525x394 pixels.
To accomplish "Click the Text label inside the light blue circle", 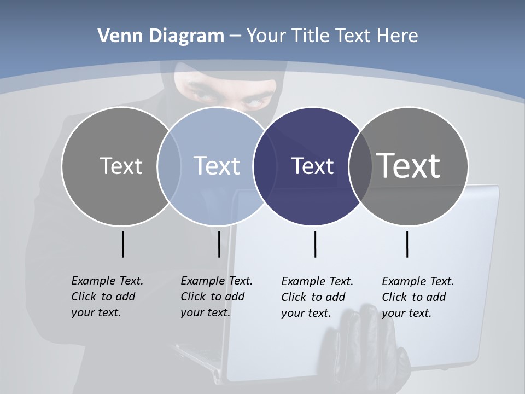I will pos(217,166).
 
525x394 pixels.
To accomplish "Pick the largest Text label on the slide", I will pos(408,165).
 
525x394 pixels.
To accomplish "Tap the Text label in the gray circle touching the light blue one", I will pos(121,166).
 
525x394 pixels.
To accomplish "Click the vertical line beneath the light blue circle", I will pos(219,244).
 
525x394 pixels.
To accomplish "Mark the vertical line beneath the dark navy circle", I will pos(315,244).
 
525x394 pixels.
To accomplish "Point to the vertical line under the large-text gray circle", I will pos(407,244).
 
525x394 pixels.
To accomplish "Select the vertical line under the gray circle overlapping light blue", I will pos(122,244).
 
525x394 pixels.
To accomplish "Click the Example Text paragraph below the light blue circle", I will pos(216,297).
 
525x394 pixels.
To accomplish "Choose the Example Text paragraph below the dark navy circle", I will pos(317,297).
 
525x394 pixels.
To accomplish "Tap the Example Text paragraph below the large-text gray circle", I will pos(417,297).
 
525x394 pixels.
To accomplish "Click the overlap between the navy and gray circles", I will pos(358,166).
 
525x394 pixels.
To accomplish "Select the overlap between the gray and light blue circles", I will pos(169,166).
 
